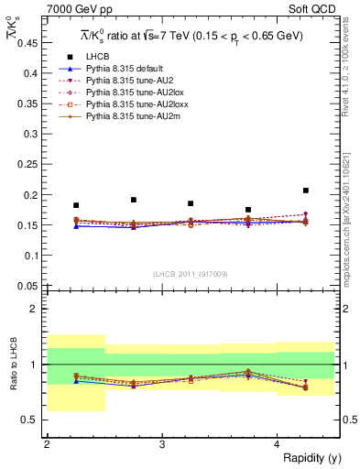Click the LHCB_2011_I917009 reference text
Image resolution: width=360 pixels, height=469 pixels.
click(190, 273)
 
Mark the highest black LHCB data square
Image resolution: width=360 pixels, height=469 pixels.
click(306, 191)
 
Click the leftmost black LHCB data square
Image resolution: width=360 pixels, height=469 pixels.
click(76, 205)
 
